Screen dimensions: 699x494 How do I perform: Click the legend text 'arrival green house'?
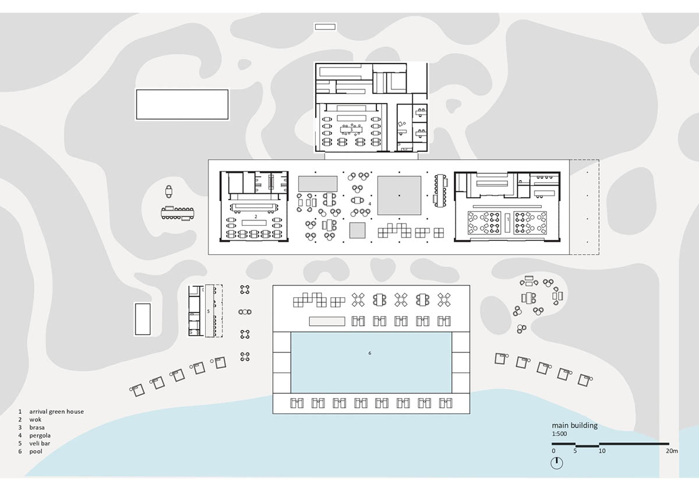(x=57, y=412)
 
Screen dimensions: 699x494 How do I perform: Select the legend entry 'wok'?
(x=36, y=420)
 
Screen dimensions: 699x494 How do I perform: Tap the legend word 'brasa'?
(x=37, y=428)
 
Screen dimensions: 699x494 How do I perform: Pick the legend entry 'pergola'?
(x=40, y=436)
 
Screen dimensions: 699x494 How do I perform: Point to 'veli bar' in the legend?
(x=40, y=443)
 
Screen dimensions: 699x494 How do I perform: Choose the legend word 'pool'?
(x=36, y=452)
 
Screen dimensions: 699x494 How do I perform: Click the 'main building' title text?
(x=574, y=426)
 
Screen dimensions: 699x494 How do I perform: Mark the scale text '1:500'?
(x=559, y=434)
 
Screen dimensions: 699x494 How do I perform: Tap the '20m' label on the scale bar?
(x=672, y=451)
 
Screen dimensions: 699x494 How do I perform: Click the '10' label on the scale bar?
(x=602, y=451)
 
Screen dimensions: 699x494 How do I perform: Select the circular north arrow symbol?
(x=557, y=463)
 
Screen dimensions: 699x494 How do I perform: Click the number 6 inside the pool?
(x=370, y=353)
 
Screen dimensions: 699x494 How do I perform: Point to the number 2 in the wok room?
(x=256, y=216)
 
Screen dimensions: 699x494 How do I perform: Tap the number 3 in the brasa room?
(x=351, y=129)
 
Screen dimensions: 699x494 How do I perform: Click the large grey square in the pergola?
(x=399, y=196)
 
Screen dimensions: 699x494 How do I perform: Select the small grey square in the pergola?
(x=357, y=230)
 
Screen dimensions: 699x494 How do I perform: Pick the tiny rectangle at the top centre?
(x=325, y=27)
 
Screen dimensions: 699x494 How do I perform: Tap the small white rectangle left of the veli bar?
(x=143, y=319)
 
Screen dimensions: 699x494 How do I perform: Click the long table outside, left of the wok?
(x=178, y=213)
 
